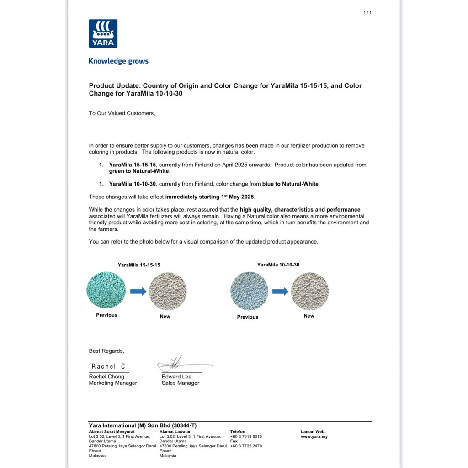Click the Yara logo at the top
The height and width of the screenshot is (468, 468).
103,33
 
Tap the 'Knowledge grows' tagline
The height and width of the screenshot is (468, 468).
118,61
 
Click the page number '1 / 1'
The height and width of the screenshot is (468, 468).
367,13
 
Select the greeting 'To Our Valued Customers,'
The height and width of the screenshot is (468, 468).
122,113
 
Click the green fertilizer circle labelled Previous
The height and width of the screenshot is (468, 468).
106,291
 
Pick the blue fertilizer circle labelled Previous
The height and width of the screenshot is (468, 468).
249,291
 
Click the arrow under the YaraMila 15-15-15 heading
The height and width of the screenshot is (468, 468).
138,292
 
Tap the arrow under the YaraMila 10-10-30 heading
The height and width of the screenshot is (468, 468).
280,292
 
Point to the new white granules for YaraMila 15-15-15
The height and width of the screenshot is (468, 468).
168,292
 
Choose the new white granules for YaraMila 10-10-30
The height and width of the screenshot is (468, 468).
310,291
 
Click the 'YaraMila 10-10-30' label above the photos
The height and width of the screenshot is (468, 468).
278,265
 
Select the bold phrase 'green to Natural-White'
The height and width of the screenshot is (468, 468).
139,171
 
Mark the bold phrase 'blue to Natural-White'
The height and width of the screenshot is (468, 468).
291,184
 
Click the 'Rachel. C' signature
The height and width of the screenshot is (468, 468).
108,367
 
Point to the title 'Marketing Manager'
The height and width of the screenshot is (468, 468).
113,383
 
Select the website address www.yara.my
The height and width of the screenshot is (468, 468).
314,436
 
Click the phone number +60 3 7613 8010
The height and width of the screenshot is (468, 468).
246,436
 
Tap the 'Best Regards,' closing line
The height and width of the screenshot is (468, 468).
106,351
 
